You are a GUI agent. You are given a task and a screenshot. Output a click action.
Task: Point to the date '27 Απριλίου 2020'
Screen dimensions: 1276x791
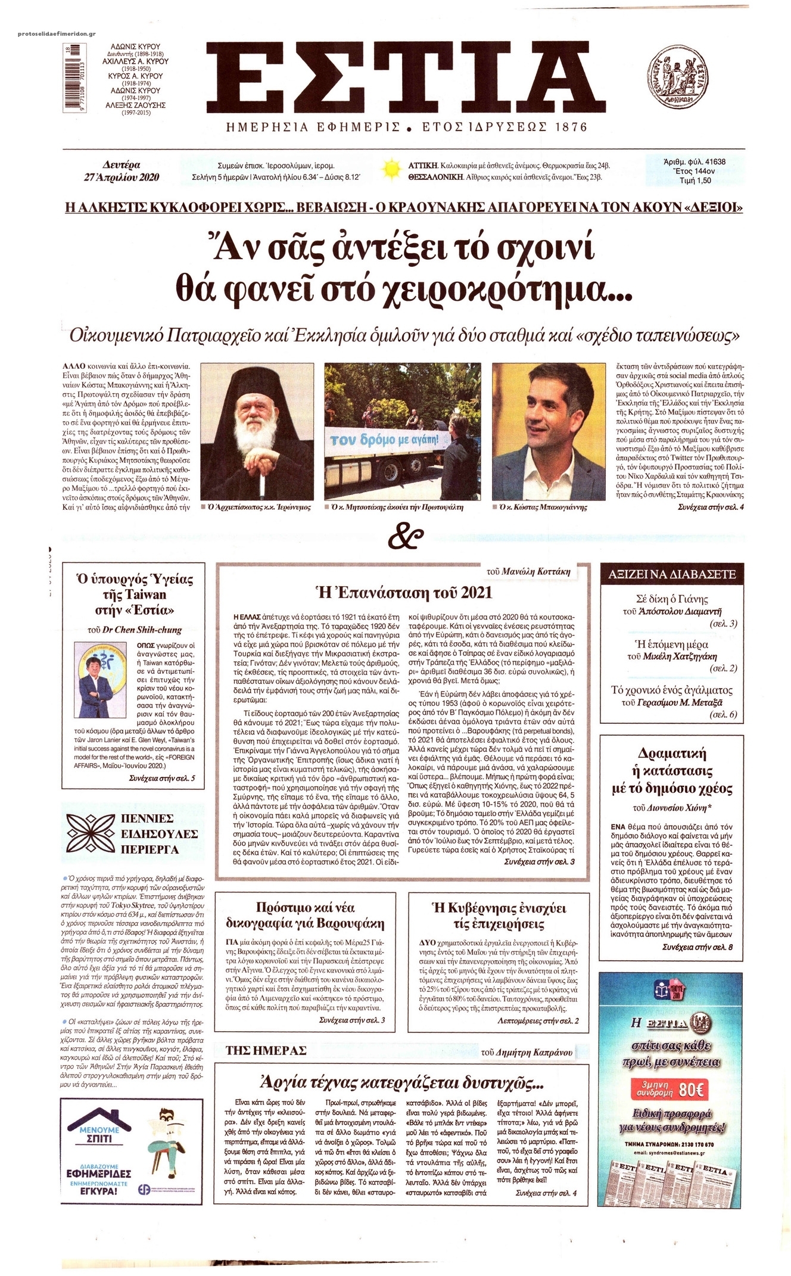[x=122, y=177]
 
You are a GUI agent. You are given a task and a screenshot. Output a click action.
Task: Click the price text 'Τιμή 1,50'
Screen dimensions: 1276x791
[x=693, y=180]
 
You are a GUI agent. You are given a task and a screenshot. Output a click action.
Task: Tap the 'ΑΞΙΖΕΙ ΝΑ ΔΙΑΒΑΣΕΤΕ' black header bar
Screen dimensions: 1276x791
[x=672, y=574]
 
